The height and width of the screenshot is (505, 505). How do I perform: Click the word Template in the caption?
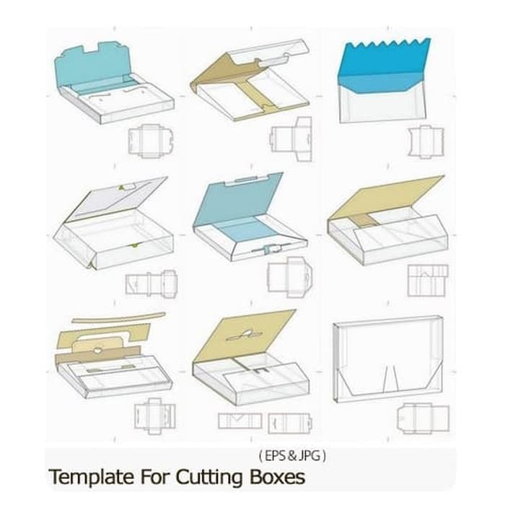[85, 478]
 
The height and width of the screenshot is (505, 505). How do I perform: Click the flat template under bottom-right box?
[425, 418]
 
